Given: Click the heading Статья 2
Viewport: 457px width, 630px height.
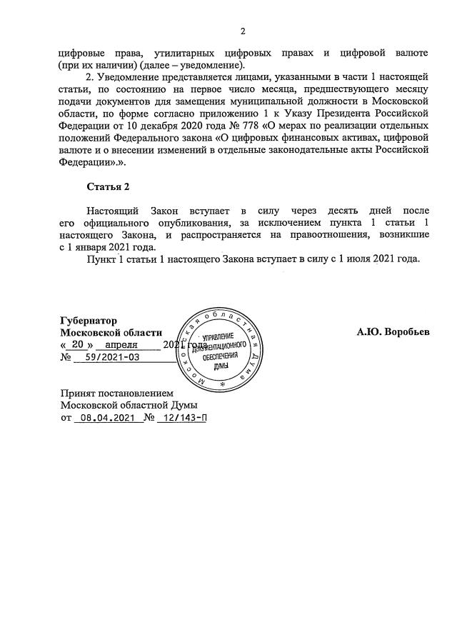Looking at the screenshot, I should [109, 187].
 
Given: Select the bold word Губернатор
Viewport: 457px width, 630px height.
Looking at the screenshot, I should [89, 321].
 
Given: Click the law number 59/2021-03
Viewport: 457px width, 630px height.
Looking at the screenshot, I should [111, 356].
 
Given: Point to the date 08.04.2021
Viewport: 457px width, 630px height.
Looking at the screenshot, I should [104, 418].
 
